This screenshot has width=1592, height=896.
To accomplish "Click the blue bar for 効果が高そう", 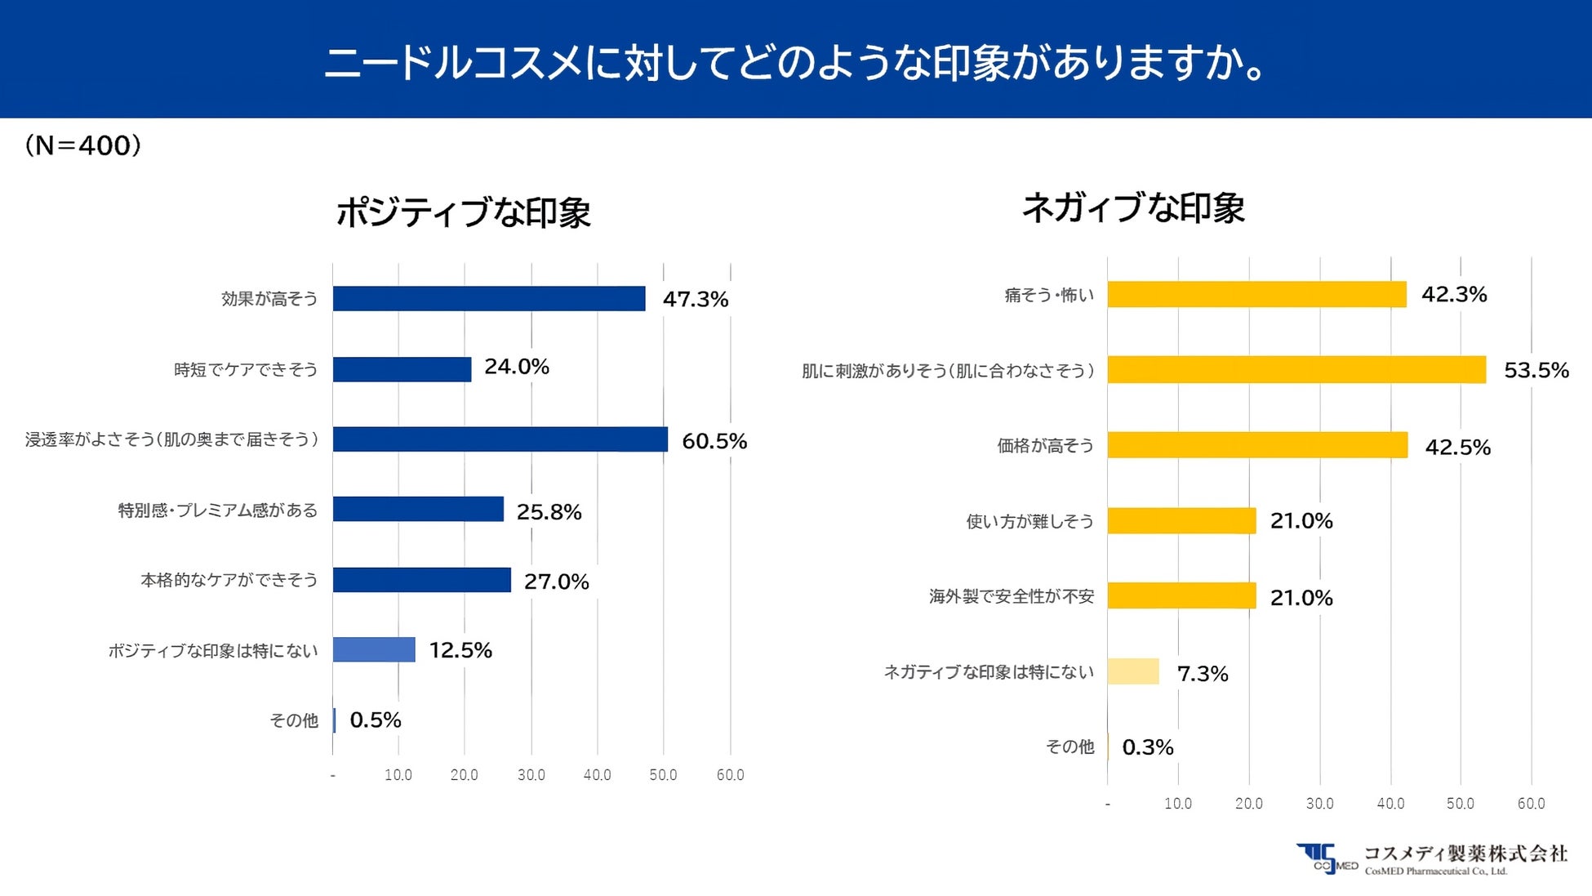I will tap(488, 299).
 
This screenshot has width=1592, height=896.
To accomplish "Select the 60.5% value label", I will tap(714, 441).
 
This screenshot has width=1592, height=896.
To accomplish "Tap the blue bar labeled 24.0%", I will tap(402, 369).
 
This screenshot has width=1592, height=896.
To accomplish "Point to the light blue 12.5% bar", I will tap(374, 650).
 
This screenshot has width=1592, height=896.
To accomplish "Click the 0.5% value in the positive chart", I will tap(376, 720).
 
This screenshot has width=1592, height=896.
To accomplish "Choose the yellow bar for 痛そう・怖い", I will tap(1256, 295).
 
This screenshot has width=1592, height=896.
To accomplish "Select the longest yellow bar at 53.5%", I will tap(1296, 370).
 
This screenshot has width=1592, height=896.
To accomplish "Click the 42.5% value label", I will tap(1457, 448).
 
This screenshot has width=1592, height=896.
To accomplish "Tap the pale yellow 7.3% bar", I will tap(1133, 671).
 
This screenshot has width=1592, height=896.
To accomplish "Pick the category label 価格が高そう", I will tap(1045, 446).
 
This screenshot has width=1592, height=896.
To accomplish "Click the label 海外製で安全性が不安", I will tap(1011, 597).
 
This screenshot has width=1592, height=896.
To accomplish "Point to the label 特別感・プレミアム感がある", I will tap(218, 510).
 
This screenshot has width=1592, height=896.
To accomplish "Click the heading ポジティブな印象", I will tap(463, 212).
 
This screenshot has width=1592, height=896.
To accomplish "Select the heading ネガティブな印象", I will tap(1133, 207).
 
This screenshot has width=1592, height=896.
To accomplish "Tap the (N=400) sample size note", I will tap(83, 145).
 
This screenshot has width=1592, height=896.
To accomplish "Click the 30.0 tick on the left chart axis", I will tap(531, 775).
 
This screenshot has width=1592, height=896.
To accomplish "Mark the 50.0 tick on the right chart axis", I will tap(1461, 804).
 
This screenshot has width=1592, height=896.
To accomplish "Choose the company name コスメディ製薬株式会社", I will tap(1465, 854).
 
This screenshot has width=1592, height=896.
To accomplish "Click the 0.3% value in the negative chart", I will tap(1148, 747).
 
